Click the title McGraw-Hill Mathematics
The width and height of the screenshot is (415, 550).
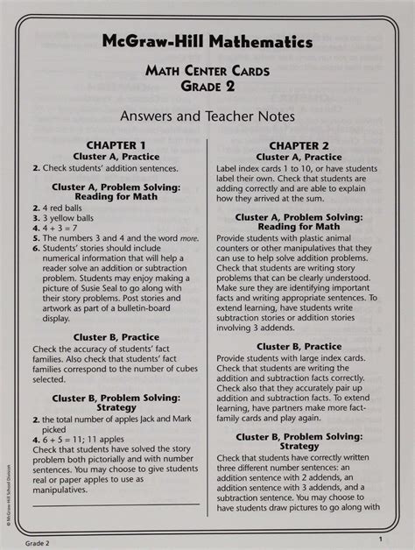pyautogui.click(x=207, y=41)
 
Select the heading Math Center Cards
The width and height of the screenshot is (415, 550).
pyautogui.click(x=207, y=71)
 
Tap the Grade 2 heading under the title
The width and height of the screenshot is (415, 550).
pyautogui.click(x=207, y=87)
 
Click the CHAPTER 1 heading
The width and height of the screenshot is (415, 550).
pyautogui.click(x=116, y=145)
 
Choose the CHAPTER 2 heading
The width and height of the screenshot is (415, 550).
pyautogui.click(x=299, y=145)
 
